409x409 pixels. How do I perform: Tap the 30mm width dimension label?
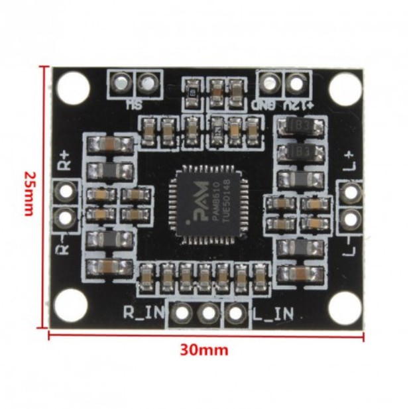pyautogui.click(x=204, y=349)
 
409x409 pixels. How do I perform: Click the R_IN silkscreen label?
pyautogui.click(x=141, y=312)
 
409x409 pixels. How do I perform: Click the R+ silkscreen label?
pyautogui.click(x=64, y=161)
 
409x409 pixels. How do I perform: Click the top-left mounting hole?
pyautogui.click(x=73, y=87)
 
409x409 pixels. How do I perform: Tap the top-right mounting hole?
pyautogui.click(x=345, y=87)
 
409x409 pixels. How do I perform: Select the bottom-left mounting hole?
pyautogui.click(x=70, y=306)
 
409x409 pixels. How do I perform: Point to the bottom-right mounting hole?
pyautogui.click(x=345, y=307)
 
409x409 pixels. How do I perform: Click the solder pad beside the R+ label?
pyautogui.click(x=66, y=192)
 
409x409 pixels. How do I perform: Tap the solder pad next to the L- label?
pyautogui.click(x=351, y=217)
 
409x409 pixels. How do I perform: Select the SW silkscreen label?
pyautogui.click(x=134, y=104)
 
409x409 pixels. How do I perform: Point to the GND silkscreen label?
pyautogui.click(x=265, y=105)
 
